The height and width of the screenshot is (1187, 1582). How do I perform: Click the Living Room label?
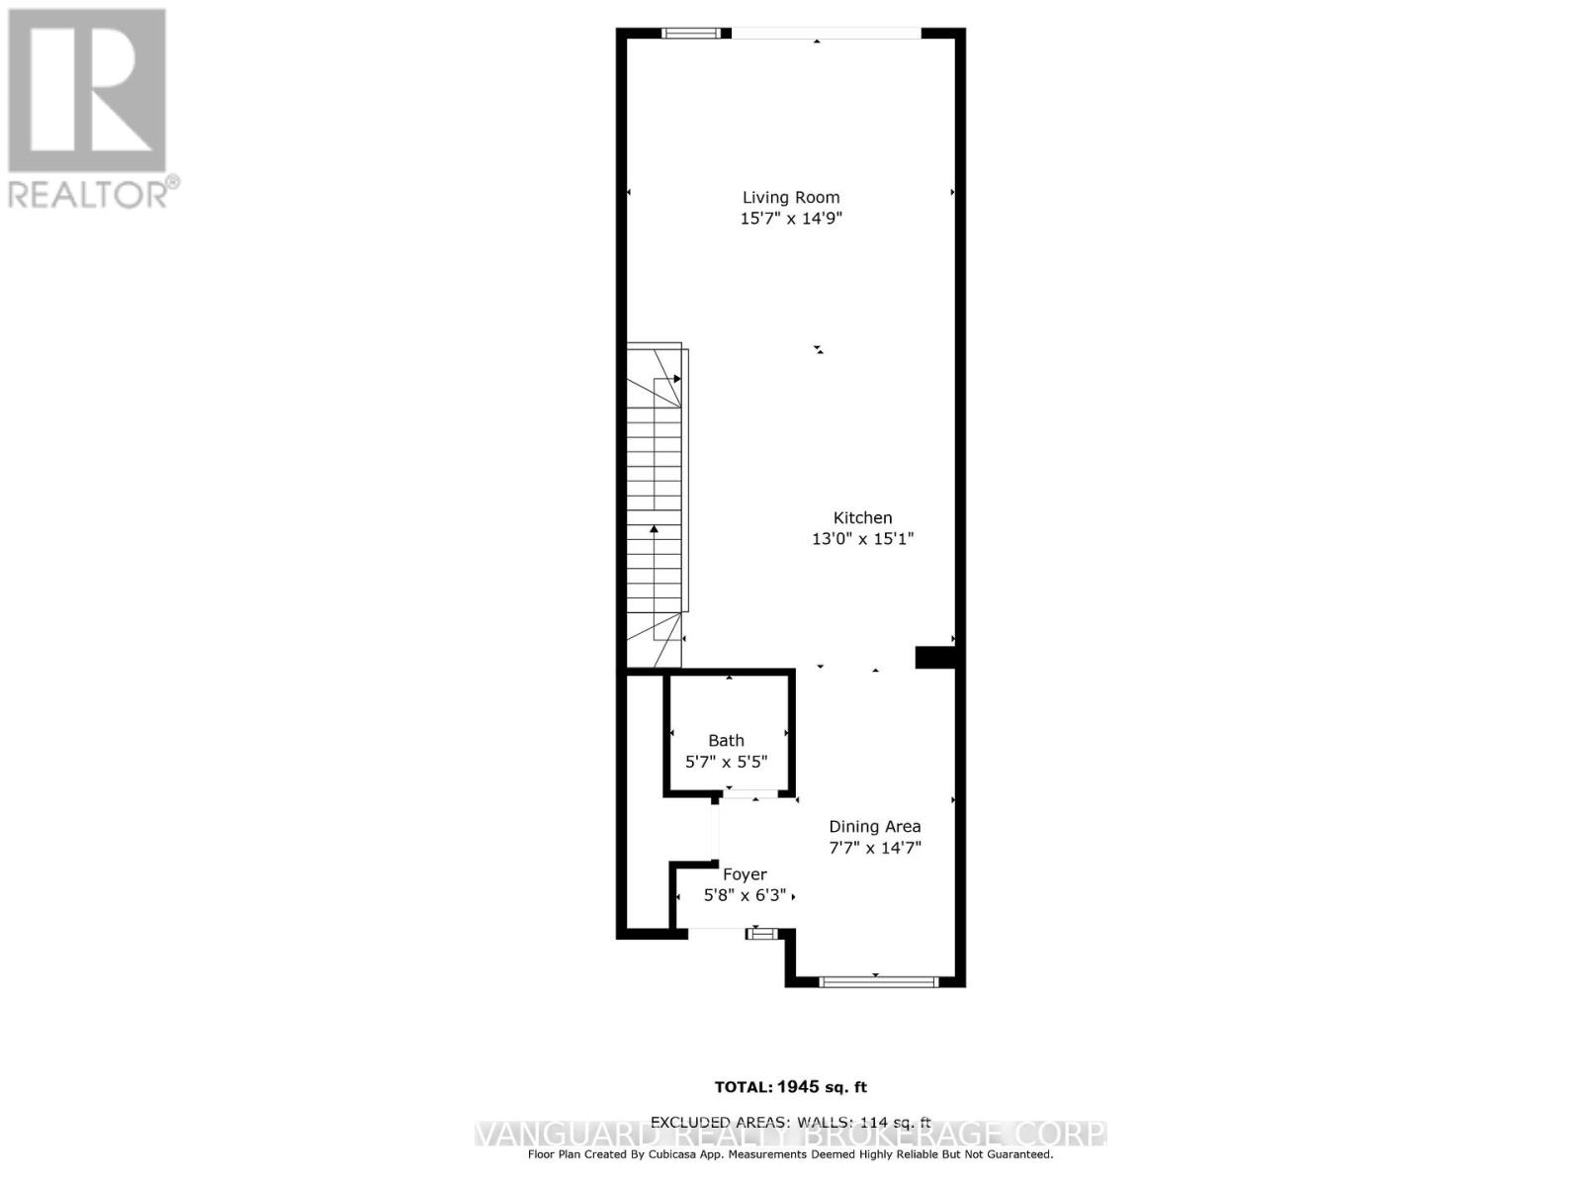pos(791,198)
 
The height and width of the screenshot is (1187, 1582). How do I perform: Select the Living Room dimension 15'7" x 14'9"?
pos(791,219)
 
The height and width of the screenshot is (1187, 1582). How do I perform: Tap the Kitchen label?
pos(862,517)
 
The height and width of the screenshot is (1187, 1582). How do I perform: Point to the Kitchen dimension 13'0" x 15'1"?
pos(862,539)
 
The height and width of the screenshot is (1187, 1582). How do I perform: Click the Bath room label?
pos(726,740)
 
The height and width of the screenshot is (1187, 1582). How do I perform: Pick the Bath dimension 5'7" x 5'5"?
pos(726,762)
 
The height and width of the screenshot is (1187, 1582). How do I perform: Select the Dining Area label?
pos(874,826)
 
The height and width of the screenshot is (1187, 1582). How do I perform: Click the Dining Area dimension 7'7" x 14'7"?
pos(874,848)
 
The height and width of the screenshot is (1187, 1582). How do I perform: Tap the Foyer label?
pos(745,874)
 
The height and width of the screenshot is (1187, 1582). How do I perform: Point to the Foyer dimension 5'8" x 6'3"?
pos(745,895)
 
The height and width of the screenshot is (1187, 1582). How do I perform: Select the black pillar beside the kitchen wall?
pos(934,658)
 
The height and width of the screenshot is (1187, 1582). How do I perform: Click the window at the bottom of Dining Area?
pos(877,981)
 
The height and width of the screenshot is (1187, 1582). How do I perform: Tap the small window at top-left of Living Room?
pos(691,34)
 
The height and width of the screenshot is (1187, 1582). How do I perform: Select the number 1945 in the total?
pos(798,1087)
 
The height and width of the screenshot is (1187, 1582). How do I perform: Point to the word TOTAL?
pos(743,1087)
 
